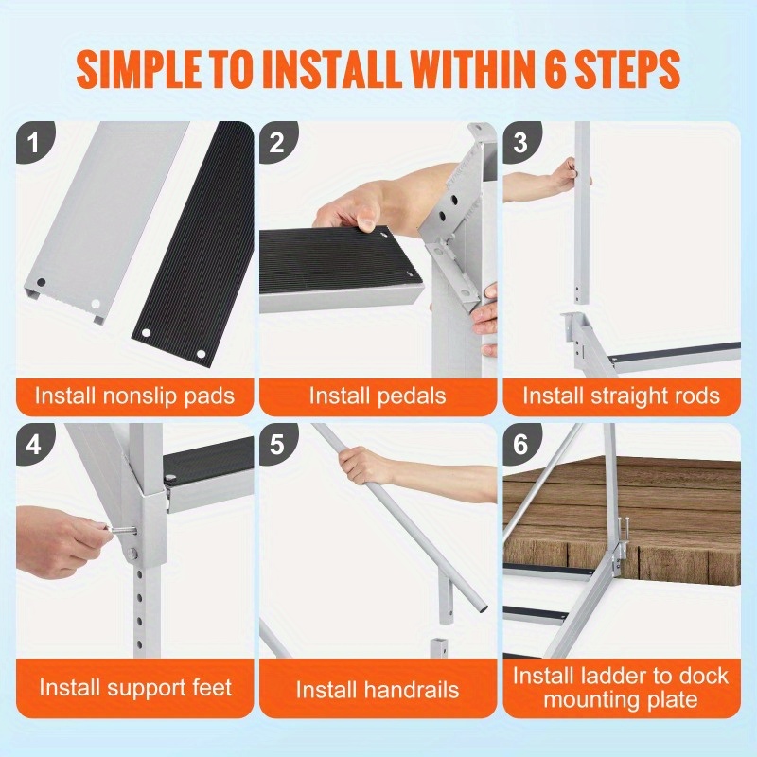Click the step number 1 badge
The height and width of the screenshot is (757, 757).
[x=35, y=143]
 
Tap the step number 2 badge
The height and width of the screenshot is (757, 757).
[x=277, y=143]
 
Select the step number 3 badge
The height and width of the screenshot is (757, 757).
[x=520, y=143]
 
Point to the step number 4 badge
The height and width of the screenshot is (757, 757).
[x=35, y=444]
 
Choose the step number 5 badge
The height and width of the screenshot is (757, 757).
[x=277, y=444]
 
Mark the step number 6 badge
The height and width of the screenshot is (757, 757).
[x=520, y=444]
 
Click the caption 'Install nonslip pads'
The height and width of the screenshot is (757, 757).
[x=134, y=395]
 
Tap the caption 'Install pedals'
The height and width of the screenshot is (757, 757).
[x=377, y=395]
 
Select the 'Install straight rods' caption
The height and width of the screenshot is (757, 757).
[x=621, y=395]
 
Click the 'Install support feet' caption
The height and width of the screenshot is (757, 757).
[x=134, y=688]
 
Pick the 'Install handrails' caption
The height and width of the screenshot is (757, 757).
[x=377, y=690]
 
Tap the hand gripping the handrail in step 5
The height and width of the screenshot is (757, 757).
[x=363, y=465]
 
